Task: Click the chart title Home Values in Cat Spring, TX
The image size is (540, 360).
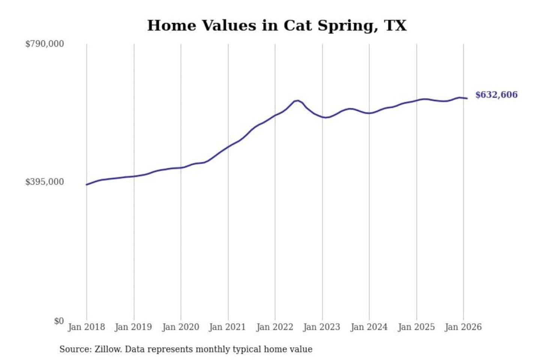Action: [x=277, y=25]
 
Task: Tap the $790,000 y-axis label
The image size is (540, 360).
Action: [x=45, y=44]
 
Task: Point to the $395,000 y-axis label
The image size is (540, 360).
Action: [x=45, y=182]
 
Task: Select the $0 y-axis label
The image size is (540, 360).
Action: [x=59, y=321]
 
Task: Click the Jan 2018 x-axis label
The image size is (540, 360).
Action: [x=86, y=327]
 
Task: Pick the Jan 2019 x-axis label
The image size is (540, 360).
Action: [x=133, y=327]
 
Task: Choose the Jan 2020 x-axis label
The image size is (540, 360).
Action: [x=180, y=327]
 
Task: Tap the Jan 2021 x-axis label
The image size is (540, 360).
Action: [x=227, y=327]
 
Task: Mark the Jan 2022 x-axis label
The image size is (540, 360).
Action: [x=274, y=327]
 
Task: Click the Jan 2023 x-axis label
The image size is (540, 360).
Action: [x=321, y=327]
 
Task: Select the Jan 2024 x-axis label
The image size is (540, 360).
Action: [x=369, y=327]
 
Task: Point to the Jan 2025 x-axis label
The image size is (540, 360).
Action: [x=416, y=327]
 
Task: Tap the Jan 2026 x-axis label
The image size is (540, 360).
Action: [x=463, y=327]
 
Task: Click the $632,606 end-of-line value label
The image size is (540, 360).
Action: [x=496, y=95]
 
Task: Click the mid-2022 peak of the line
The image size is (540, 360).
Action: [x=297, y=100]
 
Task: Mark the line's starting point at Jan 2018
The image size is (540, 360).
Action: [x=87, y=184]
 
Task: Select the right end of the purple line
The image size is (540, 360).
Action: [x=467, y=98]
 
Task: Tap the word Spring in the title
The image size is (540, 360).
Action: [x=345, y=25]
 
